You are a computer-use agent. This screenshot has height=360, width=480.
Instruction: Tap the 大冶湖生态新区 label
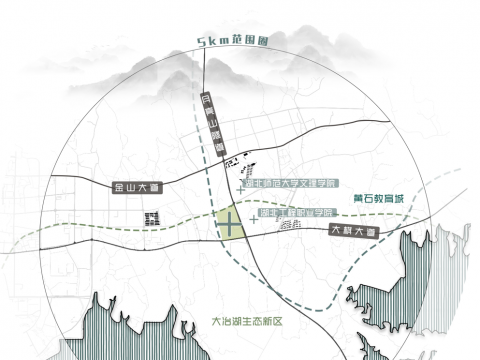coord(248,322)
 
